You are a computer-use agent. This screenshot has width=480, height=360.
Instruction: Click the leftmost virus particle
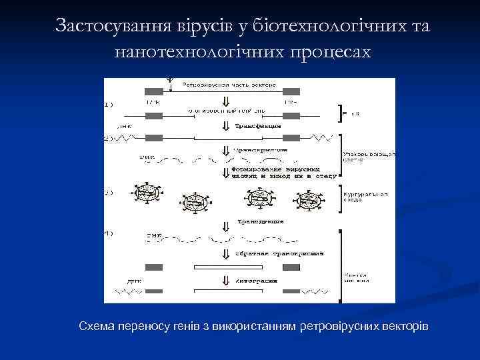tap(147, 193)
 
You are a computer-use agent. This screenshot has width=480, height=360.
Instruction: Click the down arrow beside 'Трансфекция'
tap(226, 125)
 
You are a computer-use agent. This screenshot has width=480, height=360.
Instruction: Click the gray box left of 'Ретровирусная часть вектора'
tap(153, 90)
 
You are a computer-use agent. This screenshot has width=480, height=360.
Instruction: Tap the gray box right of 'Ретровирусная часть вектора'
tap(292, 90)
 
